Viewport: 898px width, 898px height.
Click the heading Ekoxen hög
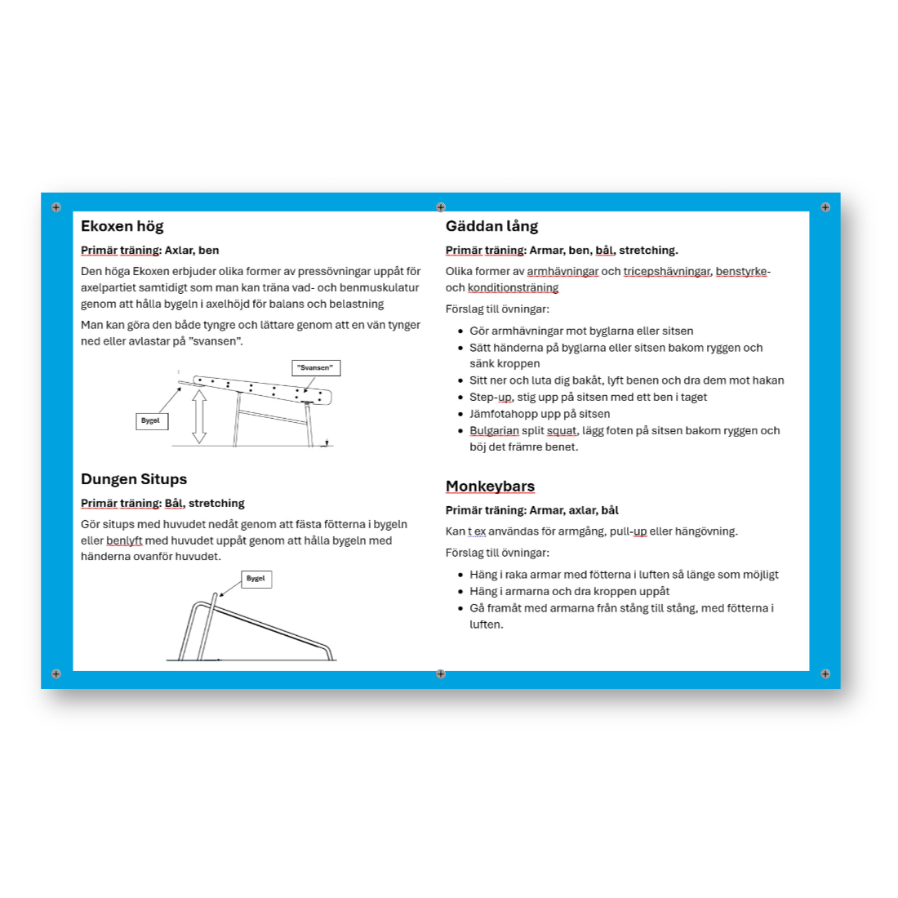click(122, 227)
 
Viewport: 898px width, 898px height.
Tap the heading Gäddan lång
click(491, 227)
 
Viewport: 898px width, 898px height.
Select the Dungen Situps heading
click(134, 479)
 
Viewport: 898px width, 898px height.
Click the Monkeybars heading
click(490, 487)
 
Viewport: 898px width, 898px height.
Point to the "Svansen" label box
click(315, 368)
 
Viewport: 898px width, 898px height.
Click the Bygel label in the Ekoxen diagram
click(151, 421)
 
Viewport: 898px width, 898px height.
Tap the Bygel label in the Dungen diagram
click(256, 579)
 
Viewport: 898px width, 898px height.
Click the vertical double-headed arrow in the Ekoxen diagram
click(199, 416)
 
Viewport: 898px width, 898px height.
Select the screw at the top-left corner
click(56, 207)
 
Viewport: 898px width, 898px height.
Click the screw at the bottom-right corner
click(825, 674)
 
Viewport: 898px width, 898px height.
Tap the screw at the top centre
click(441, 207)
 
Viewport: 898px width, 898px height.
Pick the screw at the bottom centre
click(441, 674)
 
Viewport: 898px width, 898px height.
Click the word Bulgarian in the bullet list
click(494, 431)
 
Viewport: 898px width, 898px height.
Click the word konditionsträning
click(513, 288)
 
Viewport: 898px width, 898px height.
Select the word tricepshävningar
click(666, 272)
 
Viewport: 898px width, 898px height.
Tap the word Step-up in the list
click(491, 398)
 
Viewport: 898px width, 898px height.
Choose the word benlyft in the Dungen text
click(124, 540)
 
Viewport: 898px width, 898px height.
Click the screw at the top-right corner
click(825, 207)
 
